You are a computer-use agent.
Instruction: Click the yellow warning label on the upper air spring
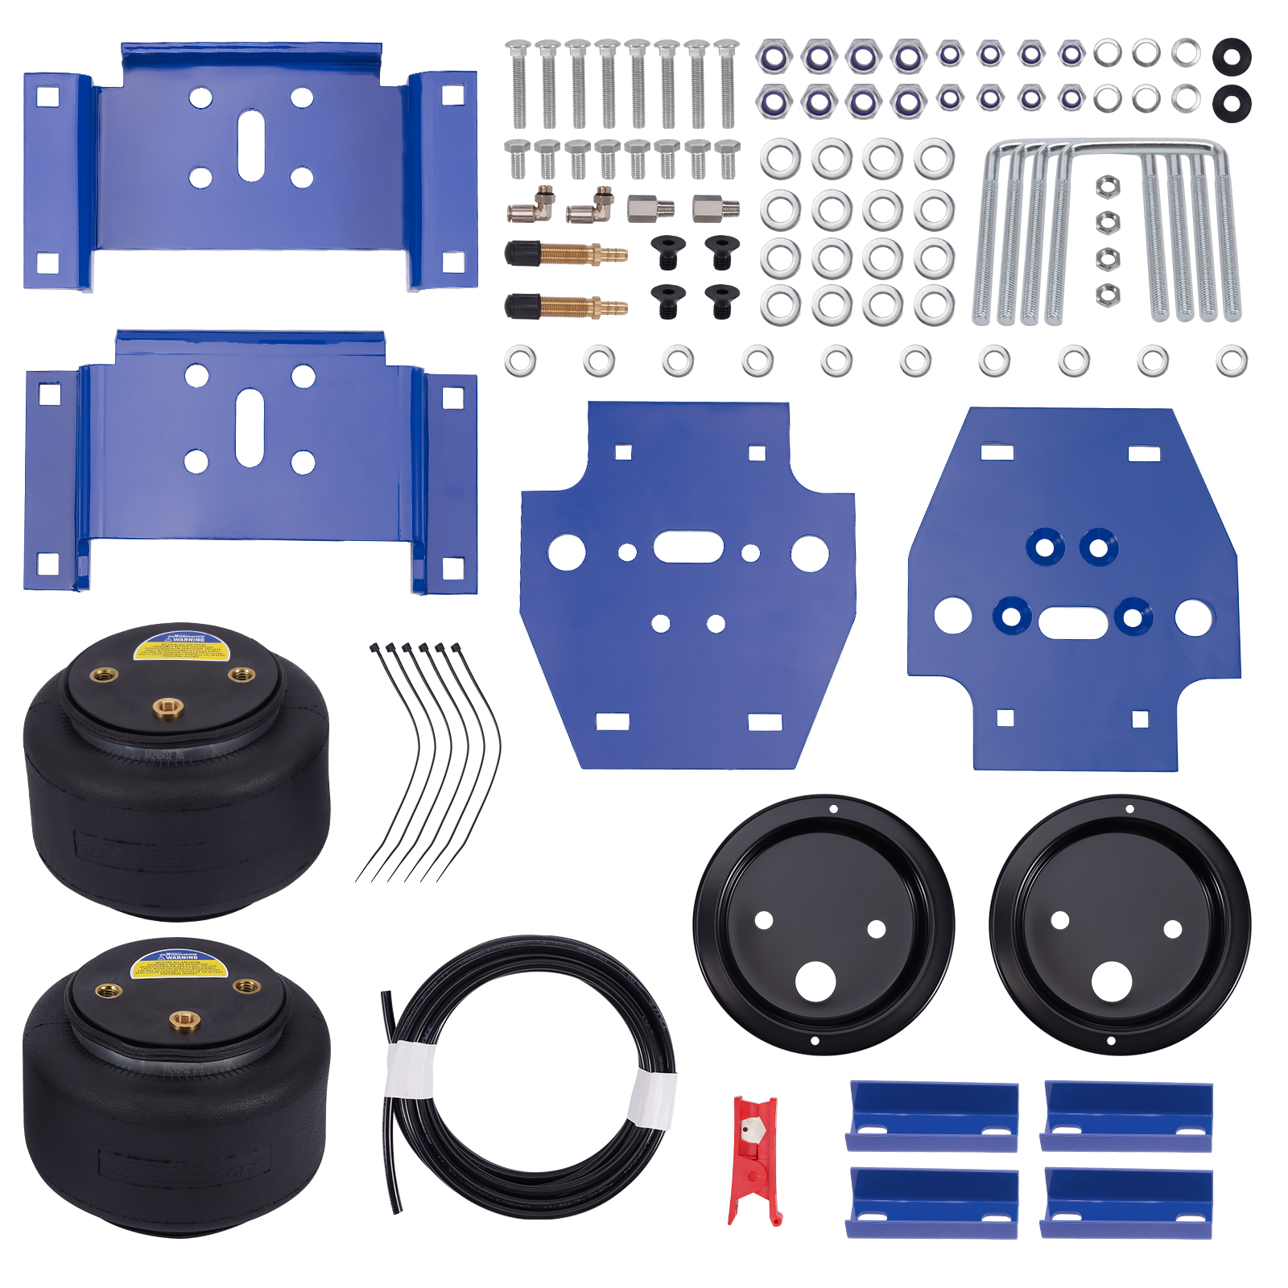point(171,647)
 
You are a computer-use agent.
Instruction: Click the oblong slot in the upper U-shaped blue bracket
point(251,146)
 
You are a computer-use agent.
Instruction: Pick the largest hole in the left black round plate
point(815,981)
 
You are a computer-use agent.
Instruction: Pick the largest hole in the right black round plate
point(1112,981)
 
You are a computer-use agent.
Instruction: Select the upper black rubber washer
point(1231,56)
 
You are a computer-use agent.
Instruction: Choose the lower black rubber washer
point(1231,103)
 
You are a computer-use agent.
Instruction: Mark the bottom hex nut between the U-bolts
point(1108,295)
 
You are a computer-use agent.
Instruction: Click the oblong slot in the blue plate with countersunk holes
point(1073,622)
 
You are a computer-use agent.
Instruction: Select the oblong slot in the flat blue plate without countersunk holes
point(688,547)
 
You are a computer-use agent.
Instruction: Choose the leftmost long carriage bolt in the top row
point(518,84)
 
